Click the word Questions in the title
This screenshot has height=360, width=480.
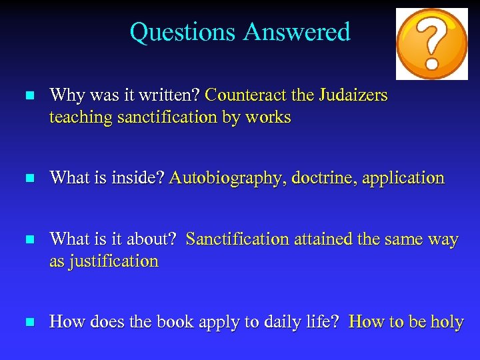coord(183,32)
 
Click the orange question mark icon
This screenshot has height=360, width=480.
coord(431,43)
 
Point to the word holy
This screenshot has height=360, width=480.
coord(447,322)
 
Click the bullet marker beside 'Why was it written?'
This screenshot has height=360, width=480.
coord(28,97)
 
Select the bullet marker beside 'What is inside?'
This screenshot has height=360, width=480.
coord(28,179)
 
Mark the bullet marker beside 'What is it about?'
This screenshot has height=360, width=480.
coord(28,240)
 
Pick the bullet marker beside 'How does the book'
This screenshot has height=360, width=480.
coord(28,323)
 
